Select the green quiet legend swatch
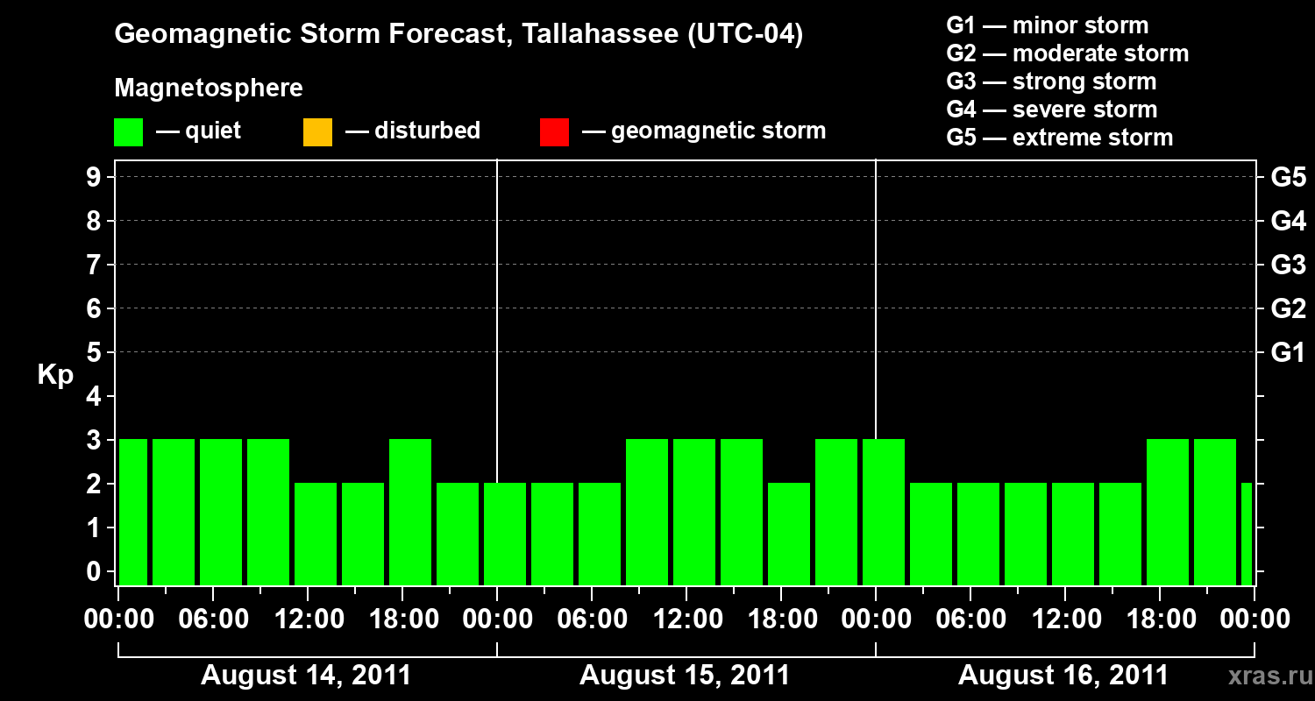[x=128, y=131]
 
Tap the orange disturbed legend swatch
[x=317, y=131]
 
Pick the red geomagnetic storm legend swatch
[x=554, y=131]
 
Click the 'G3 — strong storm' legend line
[x=1051, y=81]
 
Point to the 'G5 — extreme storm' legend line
[x=1059, y=138]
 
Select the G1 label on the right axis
[x=1288, y=353]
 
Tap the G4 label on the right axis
[x=1288, y=221]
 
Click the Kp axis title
[x=55, y=375]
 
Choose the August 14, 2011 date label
[x=306, y=676]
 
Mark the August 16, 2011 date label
[x=1063, y=676]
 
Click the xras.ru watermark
[x=1264, y=676]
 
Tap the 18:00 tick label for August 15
[x=780, y=620]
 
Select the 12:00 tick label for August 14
[x=307, y=620]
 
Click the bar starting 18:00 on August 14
[x=410, y=512]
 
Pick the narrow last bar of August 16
[x=1247, y=534]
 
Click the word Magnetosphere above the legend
[x=209, y=89]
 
